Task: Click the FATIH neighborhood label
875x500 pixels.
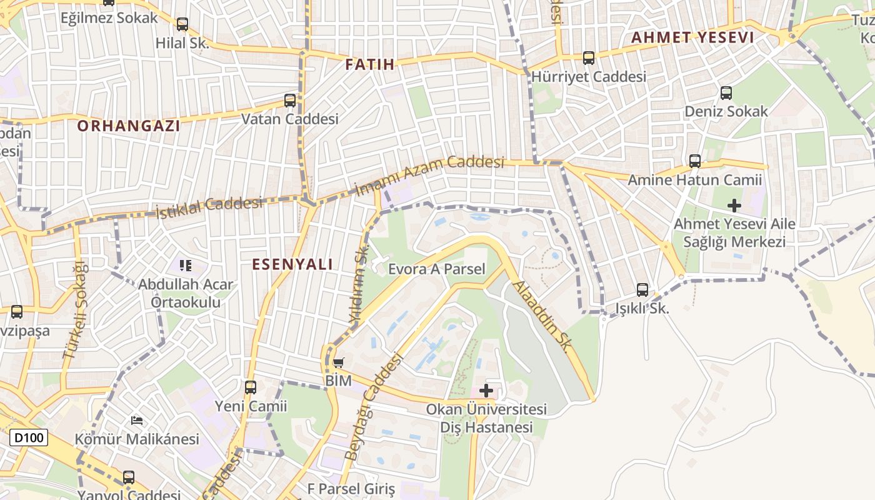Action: click(370, 64)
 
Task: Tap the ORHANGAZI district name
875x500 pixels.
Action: click(129, 126)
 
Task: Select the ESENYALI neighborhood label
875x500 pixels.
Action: click(292, 264)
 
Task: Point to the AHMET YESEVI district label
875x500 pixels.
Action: click(692, 37)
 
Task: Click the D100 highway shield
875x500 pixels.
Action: click(29, 437)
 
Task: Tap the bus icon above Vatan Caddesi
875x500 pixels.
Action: click(290, 100)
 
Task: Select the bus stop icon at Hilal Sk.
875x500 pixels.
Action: click(182, 24)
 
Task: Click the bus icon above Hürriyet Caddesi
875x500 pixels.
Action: click(588, 58)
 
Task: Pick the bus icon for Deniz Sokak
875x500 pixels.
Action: click(726, 93)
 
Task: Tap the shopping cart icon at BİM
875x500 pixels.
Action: click(339, 362)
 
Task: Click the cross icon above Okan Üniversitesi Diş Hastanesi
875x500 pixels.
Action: click(486, 391)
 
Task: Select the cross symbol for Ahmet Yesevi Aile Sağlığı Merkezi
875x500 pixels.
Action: click(734, 204)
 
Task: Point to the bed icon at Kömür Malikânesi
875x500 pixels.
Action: click(137, 421)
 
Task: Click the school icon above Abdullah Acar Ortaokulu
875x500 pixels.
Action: click(185, 266)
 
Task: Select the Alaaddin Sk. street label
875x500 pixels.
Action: click(541, 316)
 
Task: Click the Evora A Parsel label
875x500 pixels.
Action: click(436, 269)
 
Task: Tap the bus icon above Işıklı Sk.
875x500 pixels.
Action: click(642, 290)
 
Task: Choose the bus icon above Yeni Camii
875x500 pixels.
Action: click(251, 387)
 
